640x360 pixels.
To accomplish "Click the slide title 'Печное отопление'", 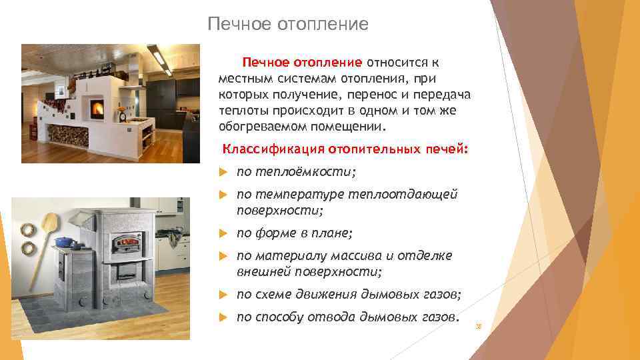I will click(x=287, y=25).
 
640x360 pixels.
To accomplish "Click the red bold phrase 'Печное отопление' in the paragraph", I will click(x=301, y=63).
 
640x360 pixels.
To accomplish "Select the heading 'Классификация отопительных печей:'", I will click(x=345, y=149).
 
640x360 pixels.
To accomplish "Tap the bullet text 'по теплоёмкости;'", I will click(x=296, y=172).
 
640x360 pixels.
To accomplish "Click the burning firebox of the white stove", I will click(x=95, y=107).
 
